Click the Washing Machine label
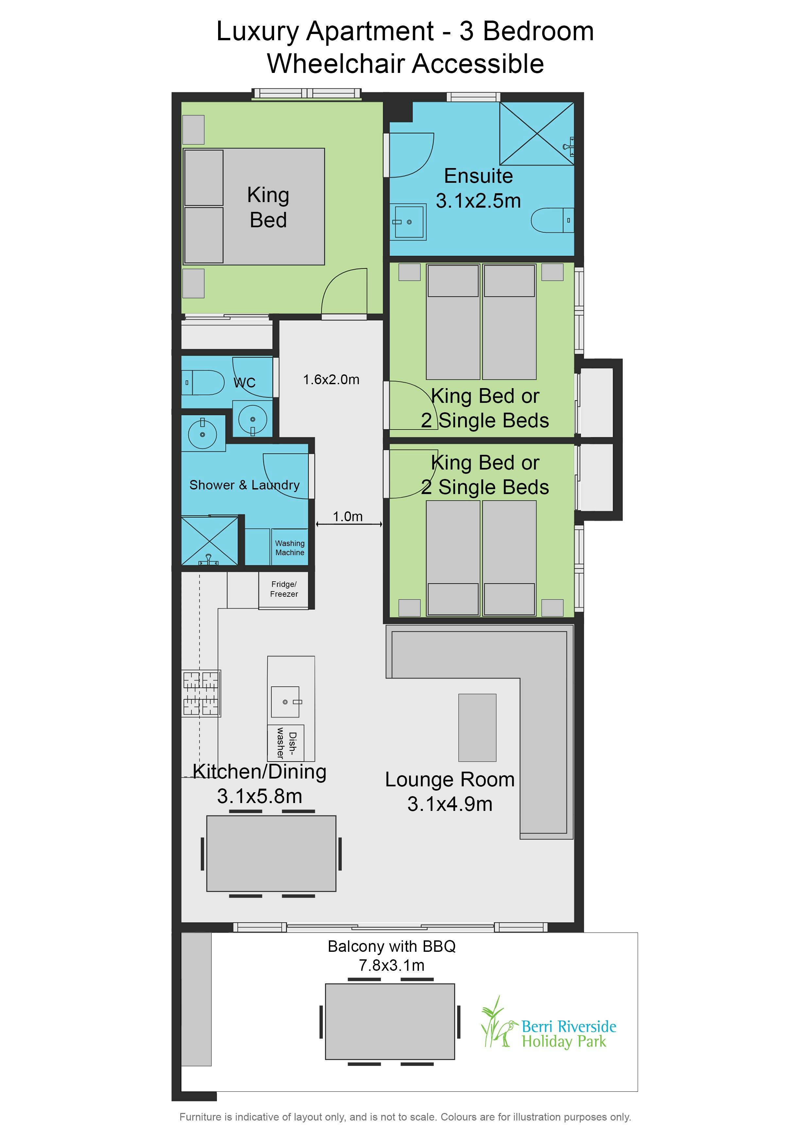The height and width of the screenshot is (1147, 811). coord(290,548)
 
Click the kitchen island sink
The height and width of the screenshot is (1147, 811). coord(286,702)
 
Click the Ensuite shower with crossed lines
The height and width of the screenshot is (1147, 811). coord(537,133)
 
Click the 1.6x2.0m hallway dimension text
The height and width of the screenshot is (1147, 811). coord(331,380)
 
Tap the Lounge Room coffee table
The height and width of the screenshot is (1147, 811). coord(477,728)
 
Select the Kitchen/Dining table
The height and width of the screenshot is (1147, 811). coord(271,853)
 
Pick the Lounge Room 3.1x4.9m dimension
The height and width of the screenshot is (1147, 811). coord(450,804)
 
